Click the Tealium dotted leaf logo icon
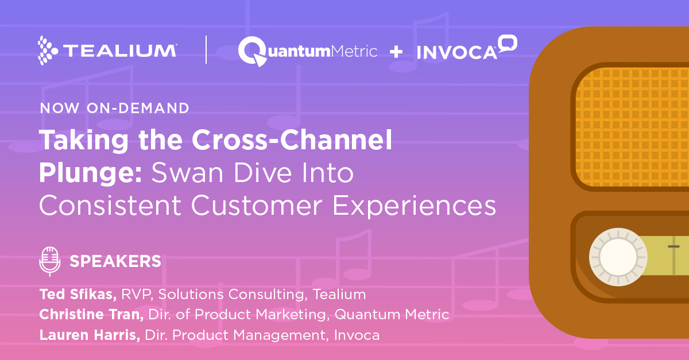(x=47, y=51)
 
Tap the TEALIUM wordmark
(x=120, y=51)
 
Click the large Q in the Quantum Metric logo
(x=252, y=51)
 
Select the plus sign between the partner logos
(x=396, y=52)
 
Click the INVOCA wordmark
(x=457, y=52)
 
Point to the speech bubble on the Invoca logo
(x=508, y=44)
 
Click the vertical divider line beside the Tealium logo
(x=206, y=49)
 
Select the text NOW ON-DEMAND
(x=114, y=108)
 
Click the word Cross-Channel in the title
(x=292, y=140)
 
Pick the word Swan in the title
(x=187, y=173)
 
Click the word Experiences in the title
(x=415, y=206)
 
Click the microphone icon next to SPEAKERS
(x=50, y=261)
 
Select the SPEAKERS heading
(x=115, y=261)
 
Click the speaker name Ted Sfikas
(x=78, y=294)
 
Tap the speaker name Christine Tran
(x=91, y=315)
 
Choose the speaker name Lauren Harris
(x=90, y=335)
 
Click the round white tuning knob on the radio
(x=618, y=257)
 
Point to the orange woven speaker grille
(x=632, y=127)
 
